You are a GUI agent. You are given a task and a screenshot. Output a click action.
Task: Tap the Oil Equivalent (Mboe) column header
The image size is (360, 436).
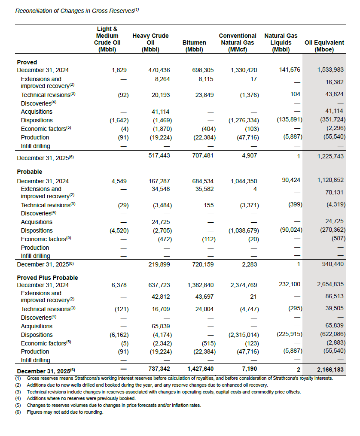pyautogui.click(x=324, y=46)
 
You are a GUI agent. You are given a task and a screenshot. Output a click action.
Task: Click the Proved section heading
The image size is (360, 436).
pyautogui.click(x=27, y=62)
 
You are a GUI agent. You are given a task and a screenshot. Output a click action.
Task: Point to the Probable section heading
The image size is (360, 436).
pyautogui.click(x=30, y=172)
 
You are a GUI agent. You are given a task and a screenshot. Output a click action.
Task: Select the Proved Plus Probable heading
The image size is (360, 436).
pyautogui.click(x=47, y=278)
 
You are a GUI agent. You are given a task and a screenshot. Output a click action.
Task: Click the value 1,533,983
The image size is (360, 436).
pyautogui.click(x=330, y=70)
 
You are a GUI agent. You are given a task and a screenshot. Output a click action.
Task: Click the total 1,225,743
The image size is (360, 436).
pyautogui.click(x=330, y=157)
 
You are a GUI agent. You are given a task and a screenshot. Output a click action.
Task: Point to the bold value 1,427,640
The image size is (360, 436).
pyautogui.click(x=200, y=369)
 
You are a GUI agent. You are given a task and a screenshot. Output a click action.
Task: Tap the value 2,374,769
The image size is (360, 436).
pyautogui.click(x=244, y=285)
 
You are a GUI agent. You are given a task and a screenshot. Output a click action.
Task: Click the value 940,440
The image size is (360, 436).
pyautogui.click(x=332, y=264)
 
